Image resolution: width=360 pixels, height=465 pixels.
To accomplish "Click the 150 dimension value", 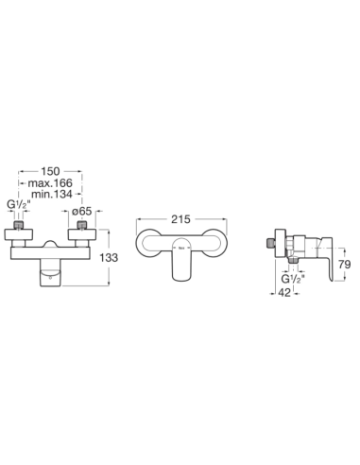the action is coord(50,171).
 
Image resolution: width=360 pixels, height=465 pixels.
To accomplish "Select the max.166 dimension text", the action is coord(50,183).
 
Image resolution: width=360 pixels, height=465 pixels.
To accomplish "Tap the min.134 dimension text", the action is coord(52,195).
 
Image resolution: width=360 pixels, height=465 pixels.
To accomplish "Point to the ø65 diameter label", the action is coord(82,211).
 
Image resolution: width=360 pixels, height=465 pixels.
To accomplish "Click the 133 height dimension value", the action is coord(109,258).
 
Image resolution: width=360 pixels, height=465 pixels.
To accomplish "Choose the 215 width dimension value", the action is coord(180,219).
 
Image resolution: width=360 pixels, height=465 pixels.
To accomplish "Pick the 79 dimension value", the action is coord(345,264).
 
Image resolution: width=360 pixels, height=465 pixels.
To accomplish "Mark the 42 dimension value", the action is coord(284,293).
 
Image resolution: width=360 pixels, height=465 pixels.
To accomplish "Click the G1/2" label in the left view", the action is coord(19,205).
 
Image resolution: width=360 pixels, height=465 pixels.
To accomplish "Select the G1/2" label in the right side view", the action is coord(293,279).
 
